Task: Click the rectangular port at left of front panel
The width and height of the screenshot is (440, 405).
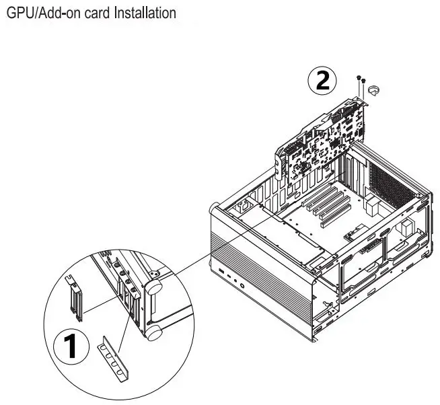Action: coord(220,272)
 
